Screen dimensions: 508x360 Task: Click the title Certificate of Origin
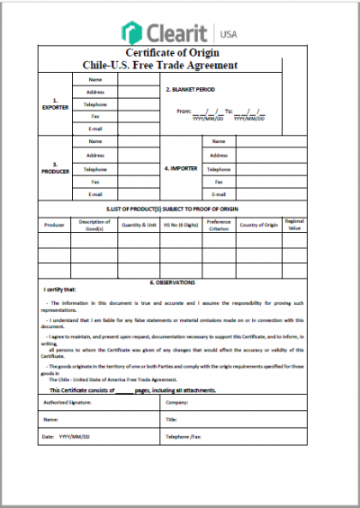179,53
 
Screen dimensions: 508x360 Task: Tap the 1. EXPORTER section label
55,104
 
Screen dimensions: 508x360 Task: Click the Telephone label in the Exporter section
95,104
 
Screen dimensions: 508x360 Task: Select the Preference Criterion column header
219,224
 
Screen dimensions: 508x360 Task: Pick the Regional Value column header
294,224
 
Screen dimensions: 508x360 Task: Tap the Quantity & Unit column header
139,224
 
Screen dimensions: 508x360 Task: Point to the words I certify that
59,290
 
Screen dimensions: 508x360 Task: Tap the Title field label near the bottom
171,419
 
